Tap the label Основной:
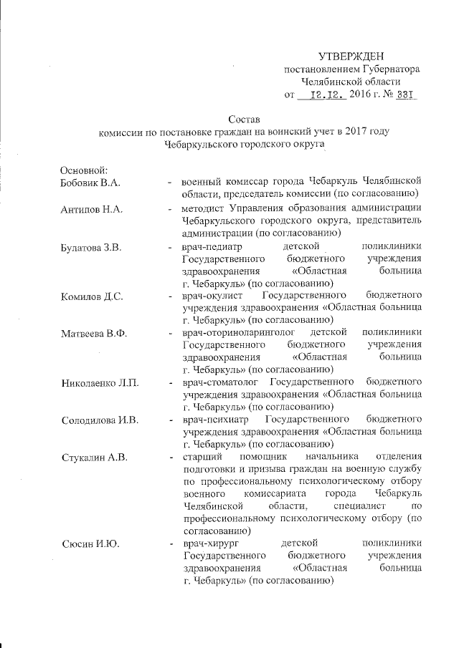click(85, 170)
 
